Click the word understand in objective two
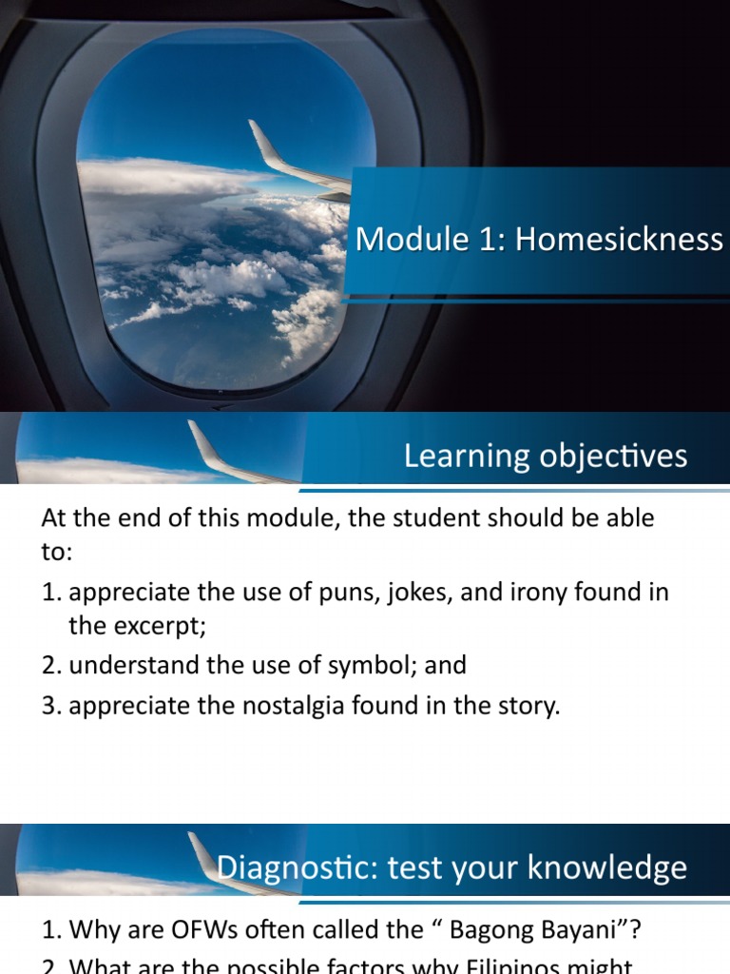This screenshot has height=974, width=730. coord(132,665)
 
